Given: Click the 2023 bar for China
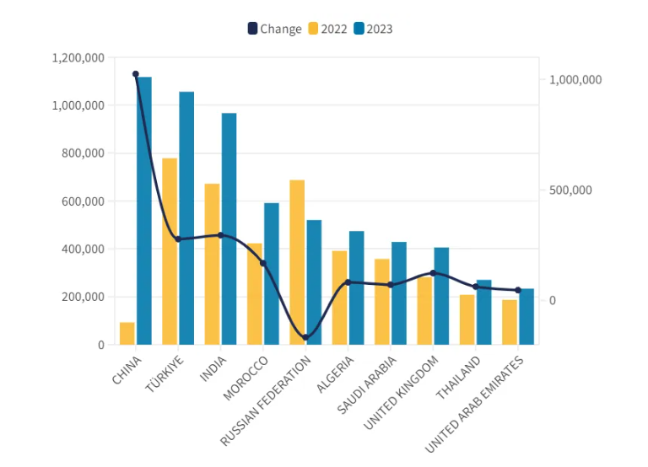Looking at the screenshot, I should click(144, 211).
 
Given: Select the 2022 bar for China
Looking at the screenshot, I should click(127, 333).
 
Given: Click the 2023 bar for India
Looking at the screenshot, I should click(229, 228).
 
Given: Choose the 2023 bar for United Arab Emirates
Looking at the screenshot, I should click(526, 316).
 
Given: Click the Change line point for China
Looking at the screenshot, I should click(136, 74).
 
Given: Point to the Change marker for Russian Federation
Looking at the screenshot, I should click(305, 337).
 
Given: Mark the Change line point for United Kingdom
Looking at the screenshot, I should click(433, 273).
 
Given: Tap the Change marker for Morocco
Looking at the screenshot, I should click(263, 263).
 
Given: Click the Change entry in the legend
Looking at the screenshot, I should click(273, 29).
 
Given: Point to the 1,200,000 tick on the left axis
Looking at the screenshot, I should click(78, 57).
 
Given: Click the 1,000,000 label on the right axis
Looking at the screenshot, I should click(575, 80).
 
